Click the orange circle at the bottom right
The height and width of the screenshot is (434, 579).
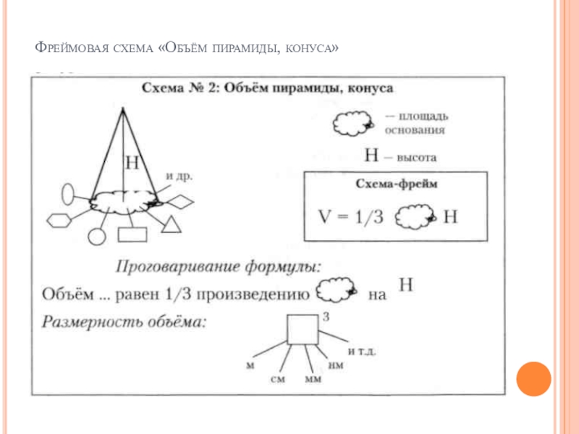[x=534, y=378]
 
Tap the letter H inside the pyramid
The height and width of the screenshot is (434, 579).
[x=132, y=163]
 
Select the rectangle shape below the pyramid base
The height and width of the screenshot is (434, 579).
[x=132, y=234]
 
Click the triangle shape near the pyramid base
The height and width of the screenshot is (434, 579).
[x=172, y=225]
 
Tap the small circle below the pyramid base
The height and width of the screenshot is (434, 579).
[x=97, y=236]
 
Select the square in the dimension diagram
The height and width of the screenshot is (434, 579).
[x=303, y=330]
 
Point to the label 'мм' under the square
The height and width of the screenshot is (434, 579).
[x=313, y=379]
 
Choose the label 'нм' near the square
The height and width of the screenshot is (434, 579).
[x=336, y=367]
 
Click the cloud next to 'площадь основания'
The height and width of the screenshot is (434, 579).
[x=352, y=124]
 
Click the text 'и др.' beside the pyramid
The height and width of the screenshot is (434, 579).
[x=179, y=175]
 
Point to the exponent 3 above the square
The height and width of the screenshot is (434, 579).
[x=326, y=316]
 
